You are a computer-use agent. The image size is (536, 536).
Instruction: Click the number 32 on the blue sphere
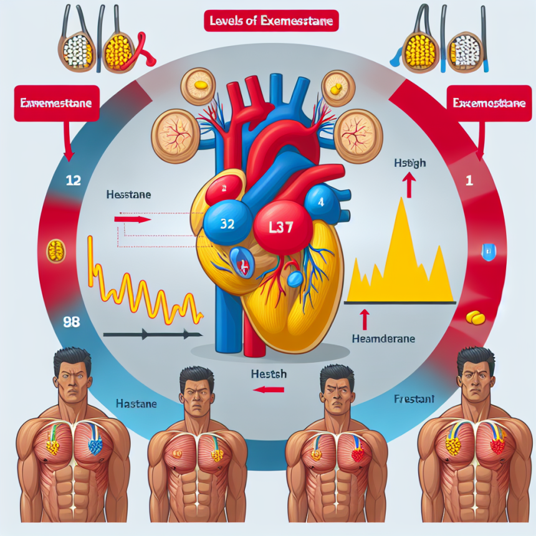227,224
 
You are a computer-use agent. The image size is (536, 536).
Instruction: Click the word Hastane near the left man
136,404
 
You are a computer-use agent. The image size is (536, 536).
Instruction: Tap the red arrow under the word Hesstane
132,219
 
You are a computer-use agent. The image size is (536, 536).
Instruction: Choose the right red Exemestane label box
486,103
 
